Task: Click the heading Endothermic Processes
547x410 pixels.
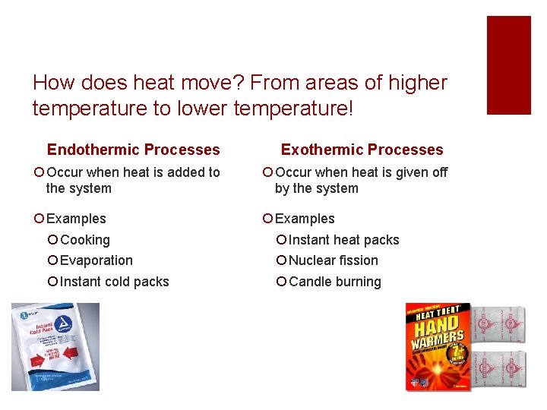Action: pos(133,150)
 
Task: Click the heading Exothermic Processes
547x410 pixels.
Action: pos(362,150)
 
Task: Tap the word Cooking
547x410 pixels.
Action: pos(85,240)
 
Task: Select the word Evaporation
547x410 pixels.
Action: pos(96,260)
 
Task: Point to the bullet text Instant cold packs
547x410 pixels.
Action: pos(114,282)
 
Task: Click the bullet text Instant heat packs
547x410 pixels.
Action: pos(344,240)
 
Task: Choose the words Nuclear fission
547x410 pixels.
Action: pos(334,260)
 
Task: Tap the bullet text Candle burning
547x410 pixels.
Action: pos(335,282)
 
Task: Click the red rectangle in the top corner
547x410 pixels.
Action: pos(508,65)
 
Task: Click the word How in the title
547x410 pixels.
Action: pos(51,83)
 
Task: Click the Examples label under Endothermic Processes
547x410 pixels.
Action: pos(76,219)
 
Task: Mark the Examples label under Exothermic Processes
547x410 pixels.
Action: pos(305,219)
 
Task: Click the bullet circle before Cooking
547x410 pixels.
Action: pos(52,240)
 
